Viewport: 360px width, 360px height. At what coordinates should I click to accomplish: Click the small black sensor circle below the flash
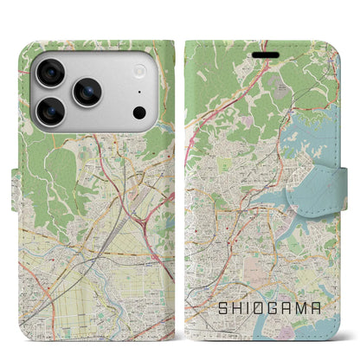139,112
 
